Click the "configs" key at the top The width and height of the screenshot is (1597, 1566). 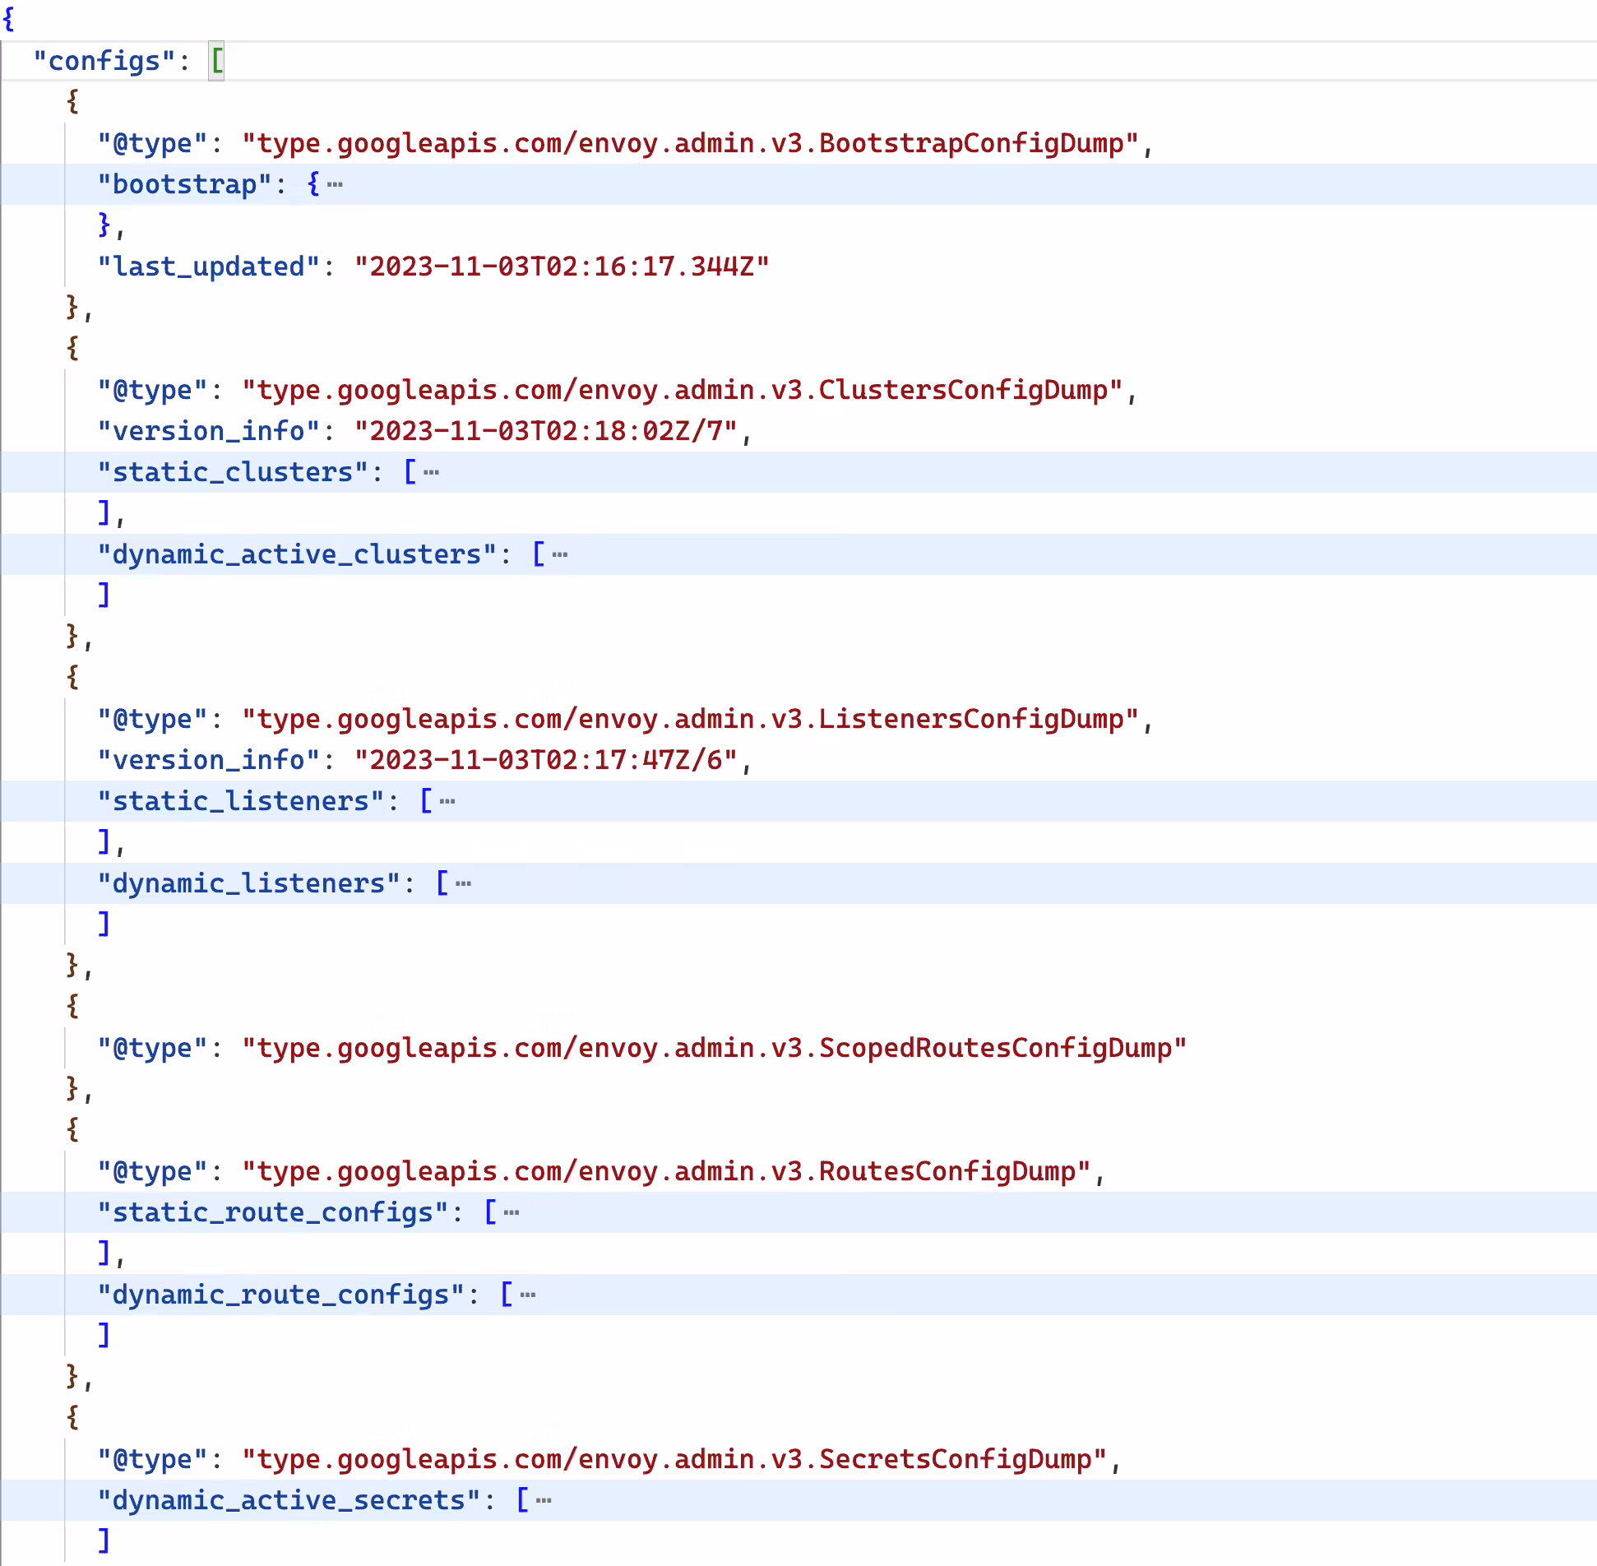point(104,61)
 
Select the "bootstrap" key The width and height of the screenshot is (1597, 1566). point(184,184)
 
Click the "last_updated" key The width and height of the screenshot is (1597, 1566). point(208,266)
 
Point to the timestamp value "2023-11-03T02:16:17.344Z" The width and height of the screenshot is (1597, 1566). point(562,266)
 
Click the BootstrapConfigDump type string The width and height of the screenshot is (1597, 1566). point(691,143)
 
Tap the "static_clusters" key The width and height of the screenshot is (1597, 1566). point(233,472)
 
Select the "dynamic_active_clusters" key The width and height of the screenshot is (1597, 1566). point(297,554)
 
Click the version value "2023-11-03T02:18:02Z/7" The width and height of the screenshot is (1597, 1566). point(546,431)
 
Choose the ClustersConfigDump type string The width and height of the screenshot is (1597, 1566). point(683,390)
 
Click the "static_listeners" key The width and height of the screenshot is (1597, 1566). point(241,801)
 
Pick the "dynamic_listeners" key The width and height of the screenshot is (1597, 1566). point(248,883)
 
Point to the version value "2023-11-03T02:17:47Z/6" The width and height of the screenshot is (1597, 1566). point(546,760)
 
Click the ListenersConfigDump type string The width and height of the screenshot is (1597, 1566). point(691,719)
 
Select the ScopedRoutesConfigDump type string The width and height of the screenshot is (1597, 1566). point(715,1048)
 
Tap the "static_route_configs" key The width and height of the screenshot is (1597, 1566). point(273,1212)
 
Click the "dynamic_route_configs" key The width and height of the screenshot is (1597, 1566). point(280,1295)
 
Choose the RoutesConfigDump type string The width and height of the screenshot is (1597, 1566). point(667,1171)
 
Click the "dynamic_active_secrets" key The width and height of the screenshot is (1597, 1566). point(289,1500)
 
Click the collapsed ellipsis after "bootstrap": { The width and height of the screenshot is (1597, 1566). point(335,184)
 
